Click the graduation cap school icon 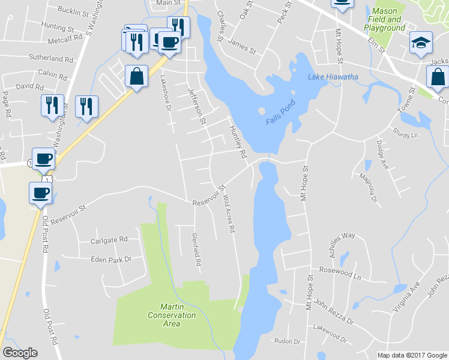click(420, 43)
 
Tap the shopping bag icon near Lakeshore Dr click(136, 77)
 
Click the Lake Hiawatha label click(333, 77)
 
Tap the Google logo click(20, 353)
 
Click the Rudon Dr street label click(286, 341)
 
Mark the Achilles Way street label click(339, 236)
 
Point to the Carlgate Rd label click(109, 239)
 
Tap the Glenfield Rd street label click(194, 250)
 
